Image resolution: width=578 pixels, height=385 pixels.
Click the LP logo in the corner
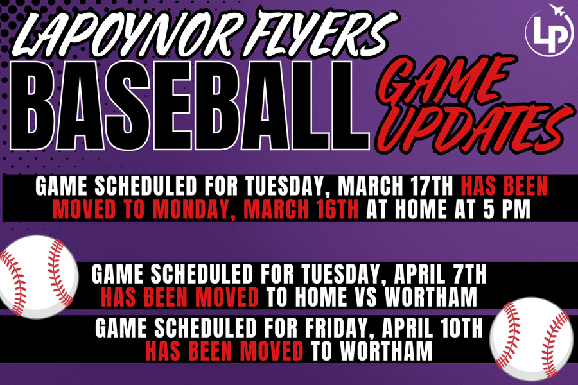[x=549, y=31]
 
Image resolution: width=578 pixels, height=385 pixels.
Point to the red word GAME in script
[x=442, y=80]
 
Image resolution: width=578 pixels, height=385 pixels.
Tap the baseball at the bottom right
[x=532, y=339]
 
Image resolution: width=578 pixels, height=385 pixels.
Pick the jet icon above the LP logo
[x=557, y=11]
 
